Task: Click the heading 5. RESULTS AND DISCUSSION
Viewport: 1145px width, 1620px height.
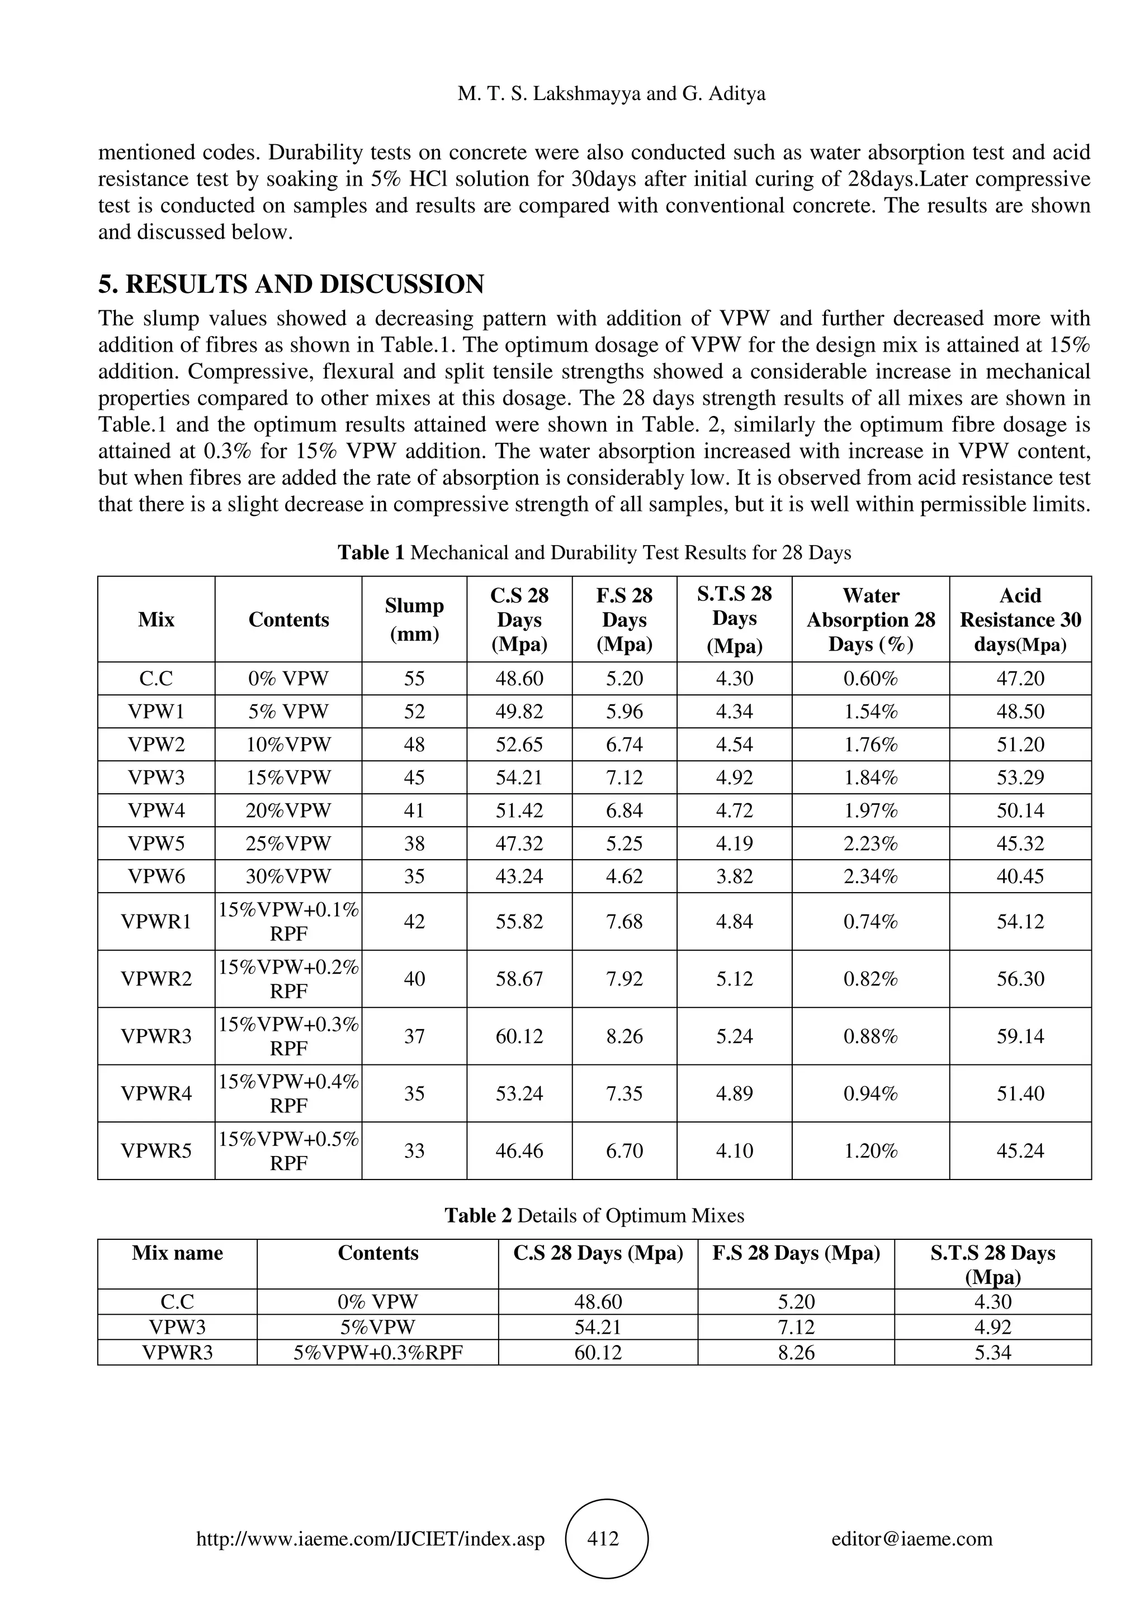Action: coord(291,285)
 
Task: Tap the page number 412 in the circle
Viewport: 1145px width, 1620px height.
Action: coord(603,1538)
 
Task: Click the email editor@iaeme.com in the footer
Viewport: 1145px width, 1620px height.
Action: coord(911,1539)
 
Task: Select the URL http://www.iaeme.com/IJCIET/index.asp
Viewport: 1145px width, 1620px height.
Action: coord(370,1539)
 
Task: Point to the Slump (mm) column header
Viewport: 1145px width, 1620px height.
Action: coord(414,619)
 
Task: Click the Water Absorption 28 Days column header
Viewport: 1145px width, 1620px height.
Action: coord(870,619)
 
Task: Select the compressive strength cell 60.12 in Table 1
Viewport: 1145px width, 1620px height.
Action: coord(519,1036)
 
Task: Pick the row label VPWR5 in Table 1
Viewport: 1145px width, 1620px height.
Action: coord(156,1151)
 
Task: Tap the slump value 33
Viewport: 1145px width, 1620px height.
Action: coord(414,1151)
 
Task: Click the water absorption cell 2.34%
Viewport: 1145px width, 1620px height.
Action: coord(870,877)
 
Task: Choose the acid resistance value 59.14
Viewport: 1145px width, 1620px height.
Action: coord(1020,1036)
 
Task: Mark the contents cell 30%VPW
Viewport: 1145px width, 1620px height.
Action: coord(288,877)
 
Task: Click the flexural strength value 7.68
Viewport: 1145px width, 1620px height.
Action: coord(624,921)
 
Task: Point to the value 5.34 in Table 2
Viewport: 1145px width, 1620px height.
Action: coord(992,1353)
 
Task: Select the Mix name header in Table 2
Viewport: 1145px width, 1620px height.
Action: coord(177,1253)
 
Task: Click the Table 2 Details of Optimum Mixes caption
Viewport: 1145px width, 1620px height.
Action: coord(594,1215)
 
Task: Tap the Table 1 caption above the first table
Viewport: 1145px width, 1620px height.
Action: coord(594,552)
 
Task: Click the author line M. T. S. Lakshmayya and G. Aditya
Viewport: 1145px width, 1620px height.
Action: coord(611,94)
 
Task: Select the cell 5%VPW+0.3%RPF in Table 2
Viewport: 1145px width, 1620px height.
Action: coord(378,1353)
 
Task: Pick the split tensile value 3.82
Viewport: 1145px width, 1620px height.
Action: coord(735,877)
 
